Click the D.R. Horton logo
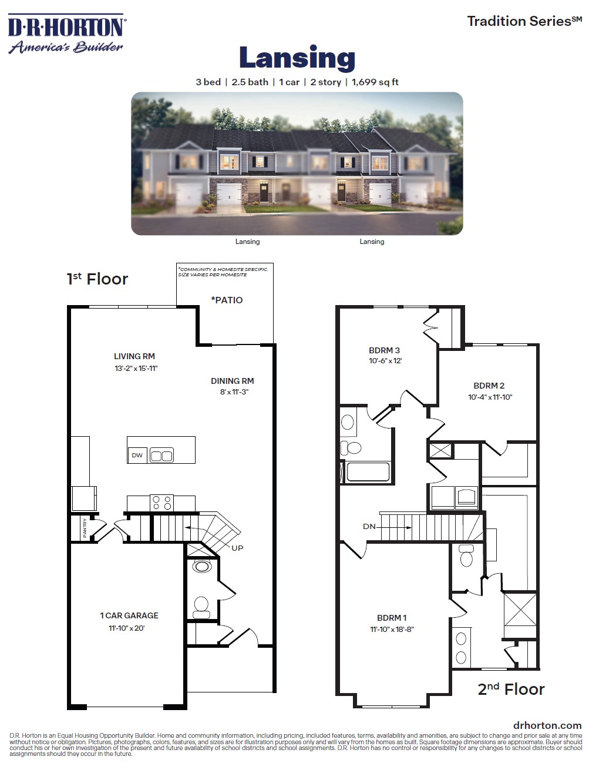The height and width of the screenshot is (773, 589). pos(67,34)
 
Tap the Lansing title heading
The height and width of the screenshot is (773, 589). pos(297,58)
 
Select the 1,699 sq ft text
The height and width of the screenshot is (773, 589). pos(375,82)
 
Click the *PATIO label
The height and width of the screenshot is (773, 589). pos(227,300)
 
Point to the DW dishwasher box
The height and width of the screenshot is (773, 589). pos(137,456)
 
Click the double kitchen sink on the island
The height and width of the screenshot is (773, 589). pos(161,456)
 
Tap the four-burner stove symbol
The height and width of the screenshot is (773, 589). pos(161,503)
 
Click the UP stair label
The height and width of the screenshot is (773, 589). pos(237,548)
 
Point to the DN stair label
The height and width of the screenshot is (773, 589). pos(369,527)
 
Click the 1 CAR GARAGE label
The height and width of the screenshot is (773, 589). pos(129,615)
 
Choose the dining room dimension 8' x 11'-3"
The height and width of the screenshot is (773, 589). pos(234,392)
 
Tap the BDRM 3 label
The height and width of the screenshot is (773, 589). pos(384,350)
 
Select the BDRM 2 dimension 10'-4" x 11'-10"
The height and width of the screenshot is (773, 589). pos(490,397)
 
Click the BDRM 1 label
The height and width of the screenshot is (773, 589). pos(391,618)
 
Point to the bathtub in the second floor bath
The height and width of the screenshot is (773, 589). pos(368,471)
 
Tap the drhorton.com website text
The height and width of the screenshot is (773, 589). pos(547,725)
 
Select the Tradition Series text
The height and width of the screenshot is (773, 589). pos(524,21)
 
